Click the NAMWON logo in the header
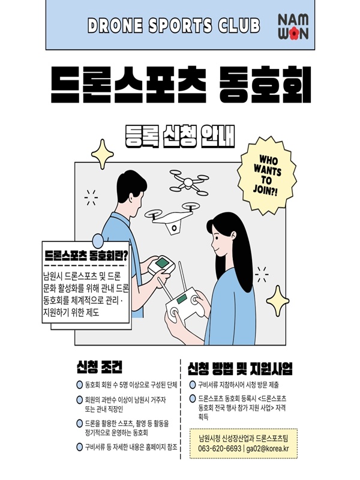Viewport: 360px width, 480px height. point(293,26)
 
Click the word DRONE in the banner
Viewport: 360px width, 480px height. point(115,26)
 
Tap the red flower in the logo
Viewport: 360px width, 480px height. point(294,33)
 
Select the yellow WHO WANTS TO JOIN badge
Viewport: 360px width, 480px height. point(266,175)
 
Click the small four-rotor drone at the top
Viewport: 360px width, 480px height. point(189,182)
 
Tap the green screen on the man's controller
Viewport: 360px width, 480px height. point(161,263)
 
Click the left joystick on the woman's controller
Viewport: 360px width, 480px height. point(174,312)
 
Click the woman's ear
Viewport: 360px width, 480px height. point(233,236)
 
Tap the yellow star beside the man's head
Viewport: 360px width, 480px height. point(102,154)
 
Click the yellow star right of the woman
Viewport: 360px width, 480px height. point(277,301)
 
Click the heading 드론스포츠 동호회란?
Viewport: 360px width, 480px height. point(86,256)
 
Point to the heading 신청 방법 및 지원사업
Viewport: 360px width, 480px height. point(240,368)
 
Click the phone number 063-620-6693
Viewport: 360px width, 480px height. point(220,448)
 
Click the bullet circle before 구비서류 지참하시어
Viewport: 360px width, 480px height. point(193,385)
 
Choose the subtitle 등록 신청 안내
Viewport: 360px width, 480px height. point(180,136)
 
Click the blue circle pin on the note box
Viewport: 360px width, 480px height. point(98,241)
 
